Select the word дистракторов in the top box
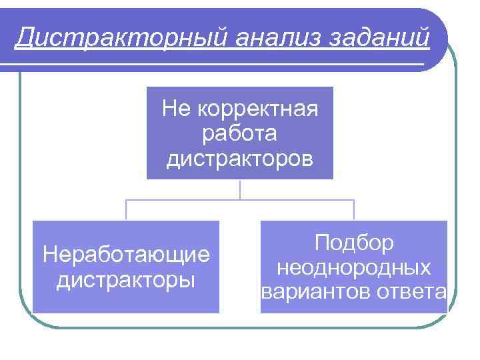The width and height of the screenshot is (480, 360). [239, 159]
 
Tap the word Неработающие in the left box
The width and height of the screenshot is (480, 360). [126, 254]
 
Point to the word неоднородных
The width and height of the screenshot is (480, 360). [354, 267]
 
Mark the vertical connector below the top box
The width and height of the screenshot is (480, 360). [240, 189]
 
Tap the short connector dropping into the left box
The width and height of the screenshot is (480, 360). [127, 210]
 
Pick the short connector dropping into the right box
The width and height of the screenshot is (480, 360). [354, 210]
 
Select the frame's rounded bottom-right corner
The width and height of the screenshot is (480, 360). [448, 319]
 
